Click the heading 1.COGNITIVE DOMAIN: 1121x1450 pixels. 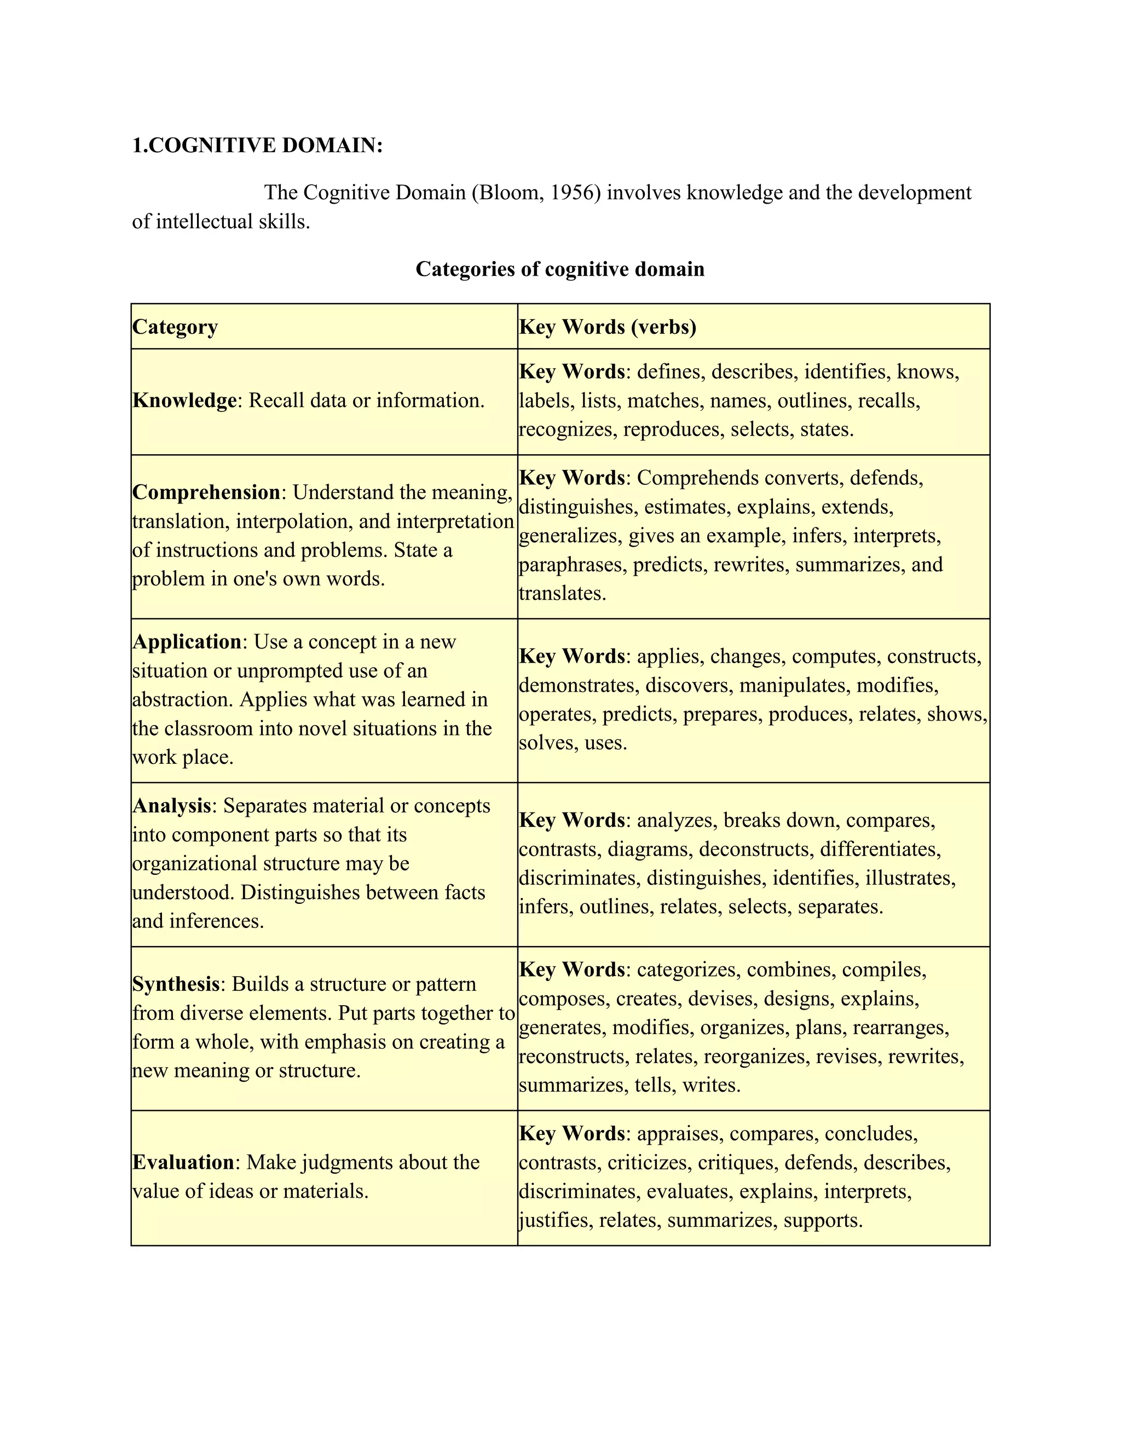258,146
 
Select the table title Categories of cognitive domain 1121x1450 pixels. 560,269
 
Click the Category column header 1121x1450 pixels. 175,327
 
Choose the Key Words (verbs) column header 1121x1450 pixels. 608,327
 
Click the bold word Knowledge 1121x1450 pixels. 184,401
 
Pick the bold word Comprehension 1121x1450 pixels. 206,492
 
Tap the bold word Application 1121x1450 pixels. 187,641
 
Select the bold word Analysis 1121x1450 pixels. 172,805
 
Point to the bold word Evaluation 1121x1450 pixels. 183,1162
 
